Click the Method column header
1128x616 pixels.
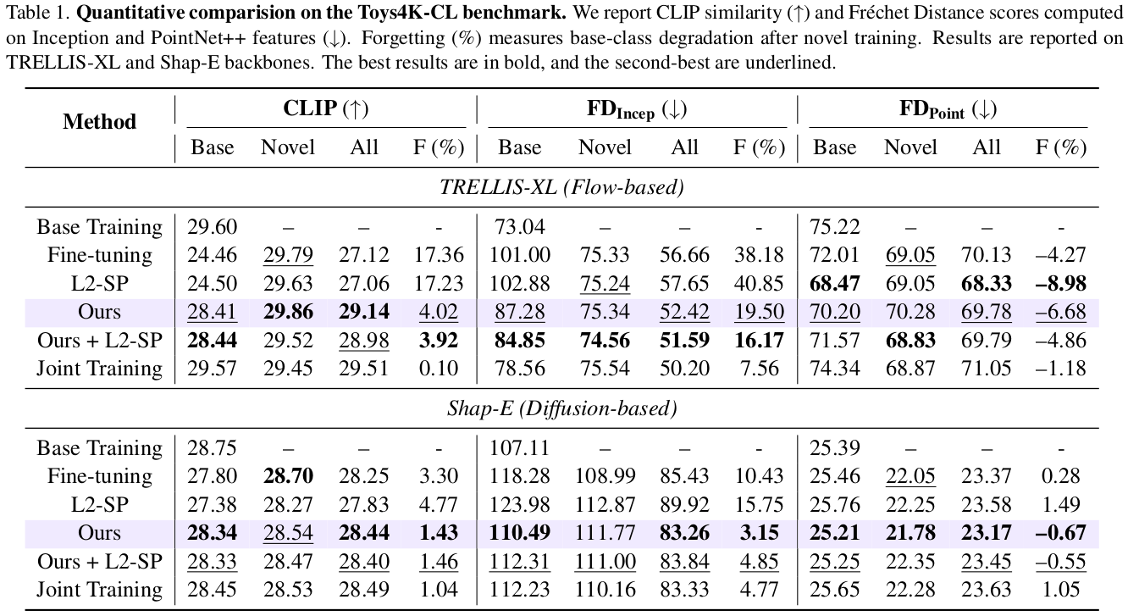click(99, 121)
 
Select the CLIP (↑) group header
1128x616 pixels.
click(326, 108)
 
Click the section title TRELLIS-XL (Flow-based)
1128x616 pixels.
click(561, 187)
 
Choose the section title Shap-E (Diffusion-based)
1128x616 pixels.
click(561, 408)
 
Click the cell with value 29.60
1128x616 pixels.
click(213, 227)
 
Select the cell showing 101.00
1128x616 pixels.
click(520, 255)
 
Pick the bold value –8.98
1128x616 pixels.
click(1061, 283)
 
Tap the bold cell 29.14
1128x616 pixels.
click(364, 312)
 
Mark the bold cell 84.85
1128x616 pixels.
click(520, 340)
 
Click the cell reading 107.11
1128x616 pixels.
click(520, 448)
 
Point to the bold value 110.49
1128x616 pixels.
click(520, 533)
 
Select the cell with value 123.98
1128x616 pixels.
click(520, 505)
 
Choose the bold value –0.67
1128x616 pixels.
click(1061, 533)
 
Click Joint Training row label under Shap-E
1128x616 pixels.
click(99, 590)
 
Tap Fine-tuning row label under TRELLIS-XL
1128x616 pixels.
click(99, 255)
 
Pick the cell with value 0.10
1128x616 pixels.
click(444, 369)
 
